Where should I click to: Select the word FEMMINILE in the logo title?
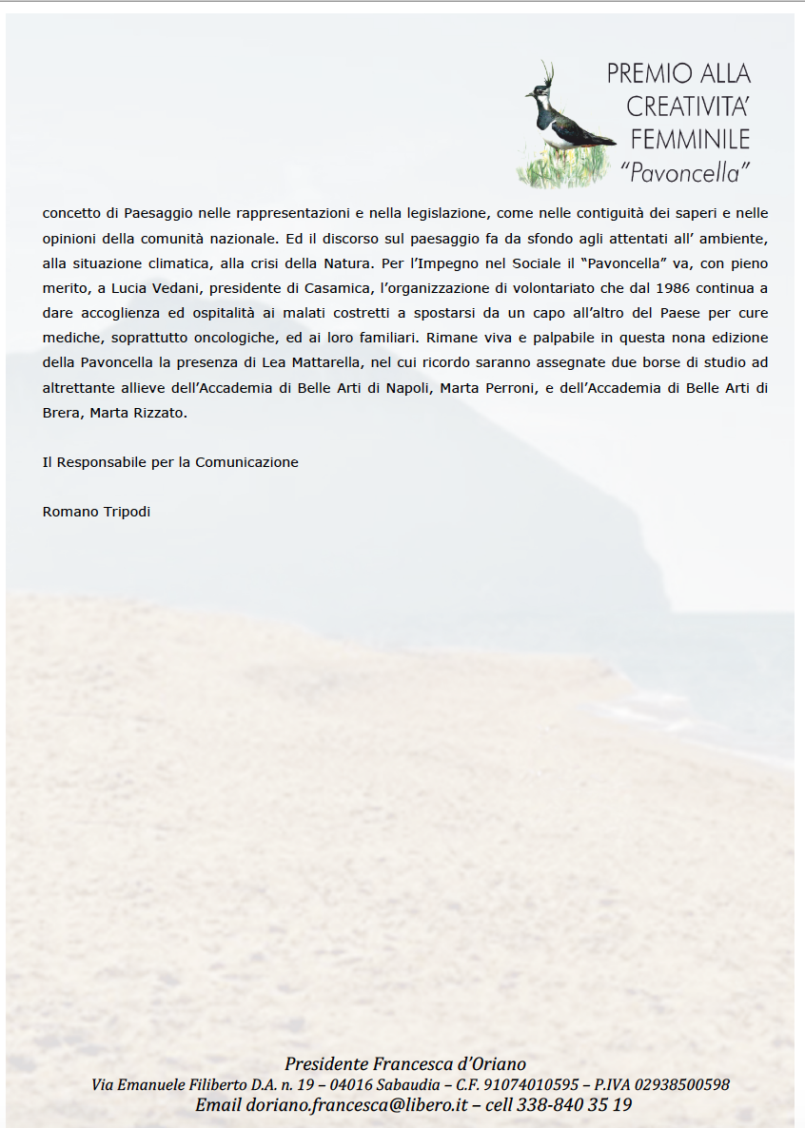click(x=691, y=139)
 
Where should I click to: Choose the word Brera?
click(x=62, y=412)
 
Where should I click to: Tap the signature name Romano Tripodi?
click(x=96, y=512)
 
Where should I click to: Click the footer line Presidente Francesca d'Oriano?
click(x=404, y=1064)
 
